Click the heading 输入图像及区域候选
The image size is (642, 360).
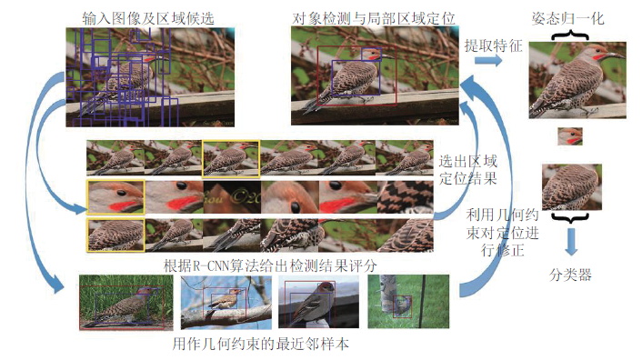click(148, 18)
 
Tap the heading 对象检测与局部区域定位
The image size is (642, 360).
click(374, 18)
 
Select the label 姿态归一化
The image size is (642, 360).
click(567, 18)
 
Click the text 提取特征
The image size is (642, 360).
click(494, 45)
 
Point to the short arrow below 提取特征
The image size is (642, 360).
click(488, 61)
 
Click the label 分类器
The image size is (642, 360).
click(570, 275)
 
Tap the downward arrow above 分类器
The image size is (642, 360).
click(572, 242)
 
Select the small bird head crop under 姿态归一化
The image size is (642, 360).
click(570, 136)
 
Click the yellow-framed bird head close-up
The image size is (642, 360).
click(115, 196)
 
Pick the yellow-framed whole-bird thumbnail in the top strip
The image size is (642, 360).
click(231, 159)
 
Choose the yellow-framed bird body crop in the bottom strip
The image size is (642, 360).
click(115, 235)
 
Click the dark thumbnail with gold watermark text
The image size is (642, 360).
click(232, 196)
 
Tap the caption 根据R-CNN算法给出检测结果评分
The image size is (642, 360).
click(270, 265)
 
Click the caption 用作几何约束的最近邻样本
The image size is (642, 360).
click(261, 344)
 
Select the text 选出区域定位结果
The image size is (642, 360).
click(468, 170)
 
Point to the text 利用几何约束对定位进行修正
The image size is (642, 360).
click(502, 232)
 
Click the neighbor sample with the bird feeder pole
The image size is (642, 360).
click(408, 302)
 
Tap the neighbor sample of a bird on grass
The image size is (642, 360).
click(126, 303)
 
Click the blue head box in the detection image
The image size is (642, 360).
click(371, 54)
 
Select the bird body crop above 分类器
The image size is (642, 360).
click(572, 187)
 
